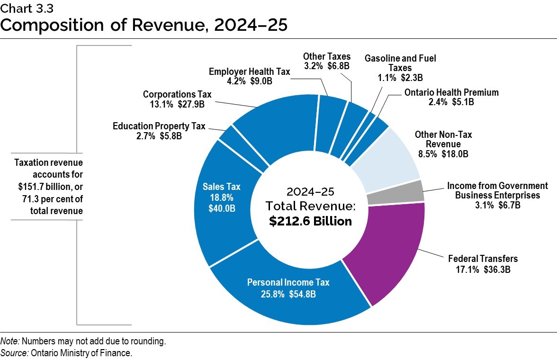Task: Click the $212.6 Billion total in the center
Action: (310, 221)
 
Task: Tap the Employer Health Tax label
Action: (250, 72)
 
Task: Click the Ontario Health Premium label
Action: (451, 92)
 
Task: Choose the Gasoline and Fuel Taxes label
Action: (400, 63)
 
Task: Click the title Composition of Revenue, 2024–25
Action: (144, 24)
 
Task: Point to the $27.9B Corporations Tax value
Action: (192, 104)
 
